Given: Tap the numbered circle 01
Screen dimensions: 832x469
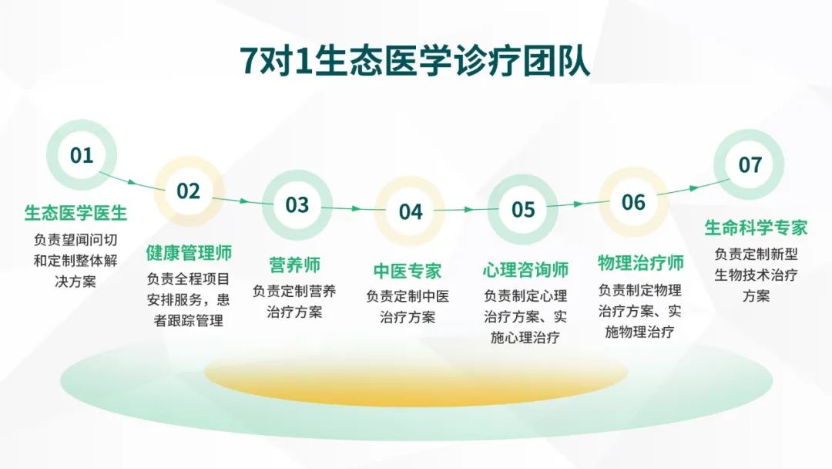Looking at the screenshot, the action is point(81,155).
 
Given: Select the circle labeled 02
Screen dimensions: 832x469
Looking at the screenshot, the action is point(189,191).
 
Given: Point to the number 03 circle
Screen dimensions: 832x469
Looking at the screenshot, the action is point(297,205).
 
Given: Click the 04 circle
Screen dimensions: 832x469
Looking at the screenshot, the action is point(410,211).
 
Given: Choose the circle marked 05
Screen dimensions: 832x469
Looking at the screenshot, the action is point(522,209).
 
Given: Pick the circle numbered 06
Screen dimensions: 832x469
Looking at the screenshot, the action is point(633,202).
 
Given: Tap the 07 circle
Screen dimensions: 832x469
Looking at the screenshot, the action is point(750,164).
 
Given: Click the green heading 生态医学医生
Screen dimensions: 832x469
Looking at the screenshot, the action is point(75,214).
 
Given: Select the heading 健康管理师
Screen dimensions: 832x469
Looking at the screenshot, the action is point(189,253).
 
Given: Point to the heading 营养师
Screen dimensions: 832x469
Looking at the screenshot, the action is point(294,265).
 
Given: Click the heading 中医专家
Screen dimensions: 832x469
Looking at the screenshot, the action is point(408,271).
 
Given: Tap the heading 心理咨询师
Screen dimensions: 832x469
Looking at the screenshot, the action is point(525,269).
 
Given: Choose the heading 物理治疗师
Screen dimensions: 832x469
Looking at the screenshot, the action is point(640,263).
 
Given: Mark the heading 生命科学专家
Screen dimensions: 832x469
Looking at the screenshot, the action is point(757,228).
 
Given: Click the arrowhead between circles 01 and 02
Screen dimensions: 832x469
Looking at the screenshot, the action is point(133,183).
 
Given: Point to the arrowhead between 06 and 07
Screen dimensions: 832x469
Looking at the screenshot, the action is point(694,188).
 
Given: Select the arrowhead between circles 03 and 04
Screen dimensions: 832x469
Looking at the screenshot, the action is point(357,209).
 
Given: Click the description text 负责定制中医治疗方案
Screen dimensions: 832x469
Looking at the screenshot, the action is point(408,306).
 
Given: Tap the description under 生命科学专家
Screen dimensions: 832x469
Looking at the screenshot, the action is point(757,275).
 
